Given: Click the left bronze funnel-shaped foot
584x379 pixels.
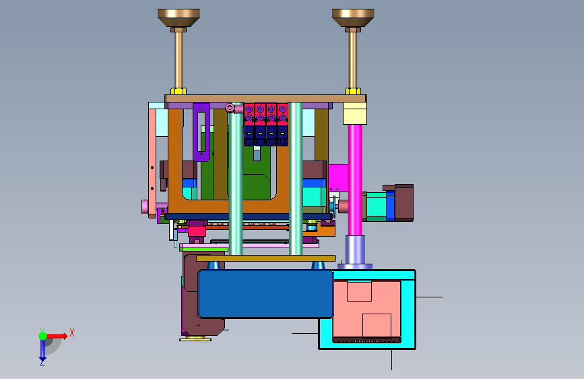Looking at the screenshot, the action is pyautogui.click(x=179, y=18).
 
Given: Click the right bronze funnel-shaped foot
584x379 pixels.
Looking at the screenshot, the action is pyautogui.click(x=353, y=18).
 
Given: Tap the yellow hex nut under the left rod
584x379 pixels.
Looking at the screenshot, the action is pyautogui.click(x=179, y=92).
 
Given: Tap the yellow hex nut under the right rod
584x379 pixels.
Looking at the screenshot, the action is pyautogui.click(x=353, y=92).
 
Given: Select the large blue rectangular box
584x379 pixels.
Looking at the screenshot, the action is pyautogui.click(x=266, y=294).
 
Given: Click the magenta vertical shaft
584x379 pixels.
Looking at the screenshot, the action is pyautogui.click(x=355, y=180).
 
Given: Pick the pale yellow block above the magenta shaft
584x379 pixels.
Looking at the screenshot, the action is pyautogui.click(x=355, y=113).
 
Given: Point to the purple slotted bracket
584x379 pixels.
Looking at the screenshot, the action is pyautogui.click(x=201, y=132).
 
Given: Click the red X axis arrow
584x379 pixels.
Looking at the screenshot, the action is pyautogui.click(x=57, y=336).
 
